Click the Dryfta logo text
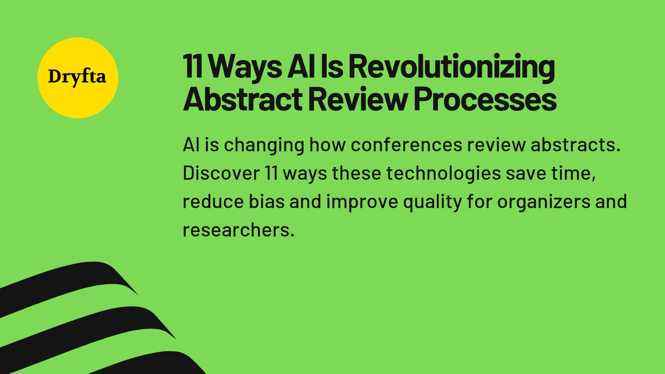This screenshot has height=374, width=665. [x=77, y=77]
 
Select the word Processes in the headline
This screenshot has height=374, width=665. [x=485, y=99]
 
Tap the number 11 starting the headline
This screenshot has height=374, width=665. [x=193, y=66]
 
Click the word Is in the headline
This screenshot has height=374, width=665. [x=332, y=66]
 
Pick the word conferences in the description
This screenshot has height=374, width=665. [x=406, y=145]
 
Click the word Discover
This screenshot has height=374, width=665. [x=221, y=173]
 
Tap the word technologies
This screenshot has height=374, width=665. [x=443, y=173]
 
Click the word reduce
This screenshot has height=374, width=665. [x=213, y=202]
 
